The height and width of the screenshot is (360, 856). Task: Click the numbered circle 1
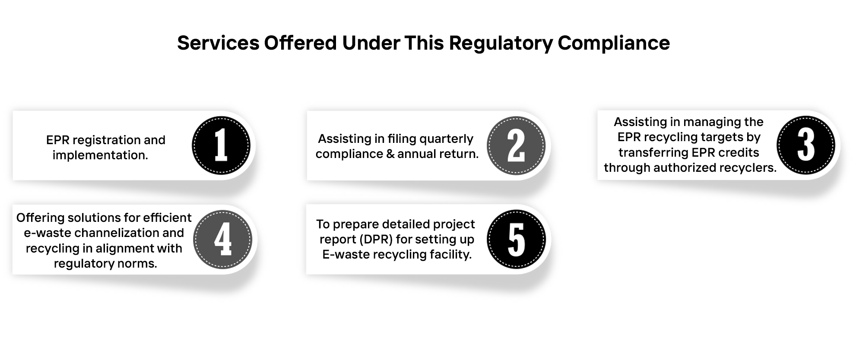click(x=221, y=145)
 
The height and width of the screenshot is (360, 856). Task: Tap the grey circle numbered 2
click(x=516, y=146)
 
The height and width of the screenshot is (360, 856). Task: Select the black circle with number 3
click(x=806, y=145)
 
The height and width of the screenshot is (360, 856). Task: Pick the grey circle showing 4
click(x=222, y=240)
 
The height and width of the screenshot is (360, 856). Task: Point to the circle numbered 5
click(x=517, y=239)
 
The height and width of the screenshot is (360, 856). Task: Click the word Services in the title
click(x=219, y=43)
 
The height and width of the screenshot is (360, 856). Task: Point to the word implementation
click(x=100, y=155)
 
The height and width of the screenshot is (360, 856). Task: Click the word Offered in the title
click(x=301, y=43)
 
